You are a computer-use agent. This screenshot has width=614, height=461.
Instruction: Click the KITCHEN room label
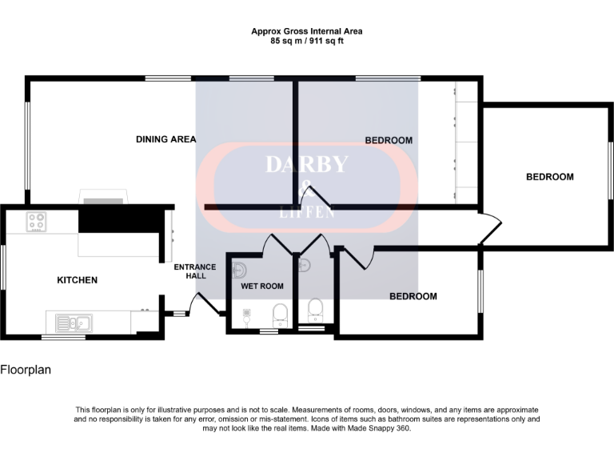pos(77,280)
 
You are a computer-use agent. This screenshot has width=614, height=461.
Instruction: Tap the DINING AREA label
pos(165,139)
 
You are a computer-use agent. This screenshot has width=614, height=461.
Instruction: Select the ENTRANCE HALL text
pos(195,271)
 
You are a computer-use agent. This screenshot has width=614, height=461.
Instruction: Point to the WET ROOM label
pos(262,286)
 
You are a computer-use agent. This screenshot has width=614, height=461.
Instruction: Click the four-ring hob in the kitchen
pos(36,222)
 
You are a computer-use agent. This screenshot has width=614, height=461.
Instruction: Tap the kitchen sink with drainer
pos(74,323)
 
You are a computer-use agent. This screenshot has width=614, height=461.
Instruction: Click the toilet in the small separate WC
pos(315,307)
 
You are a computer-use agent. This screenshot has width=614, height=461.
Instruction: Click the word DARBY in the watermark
pos(306,165)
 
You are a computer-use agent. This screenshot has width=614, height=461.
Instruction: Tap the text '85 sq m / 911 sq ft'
pos(306,40)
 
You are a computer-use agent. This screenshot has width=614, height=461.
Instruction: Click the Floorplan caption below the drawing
pos(26,370)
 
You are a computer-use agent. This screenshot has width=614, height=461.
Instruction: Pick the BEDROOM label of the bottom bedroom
pos(413,296)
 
